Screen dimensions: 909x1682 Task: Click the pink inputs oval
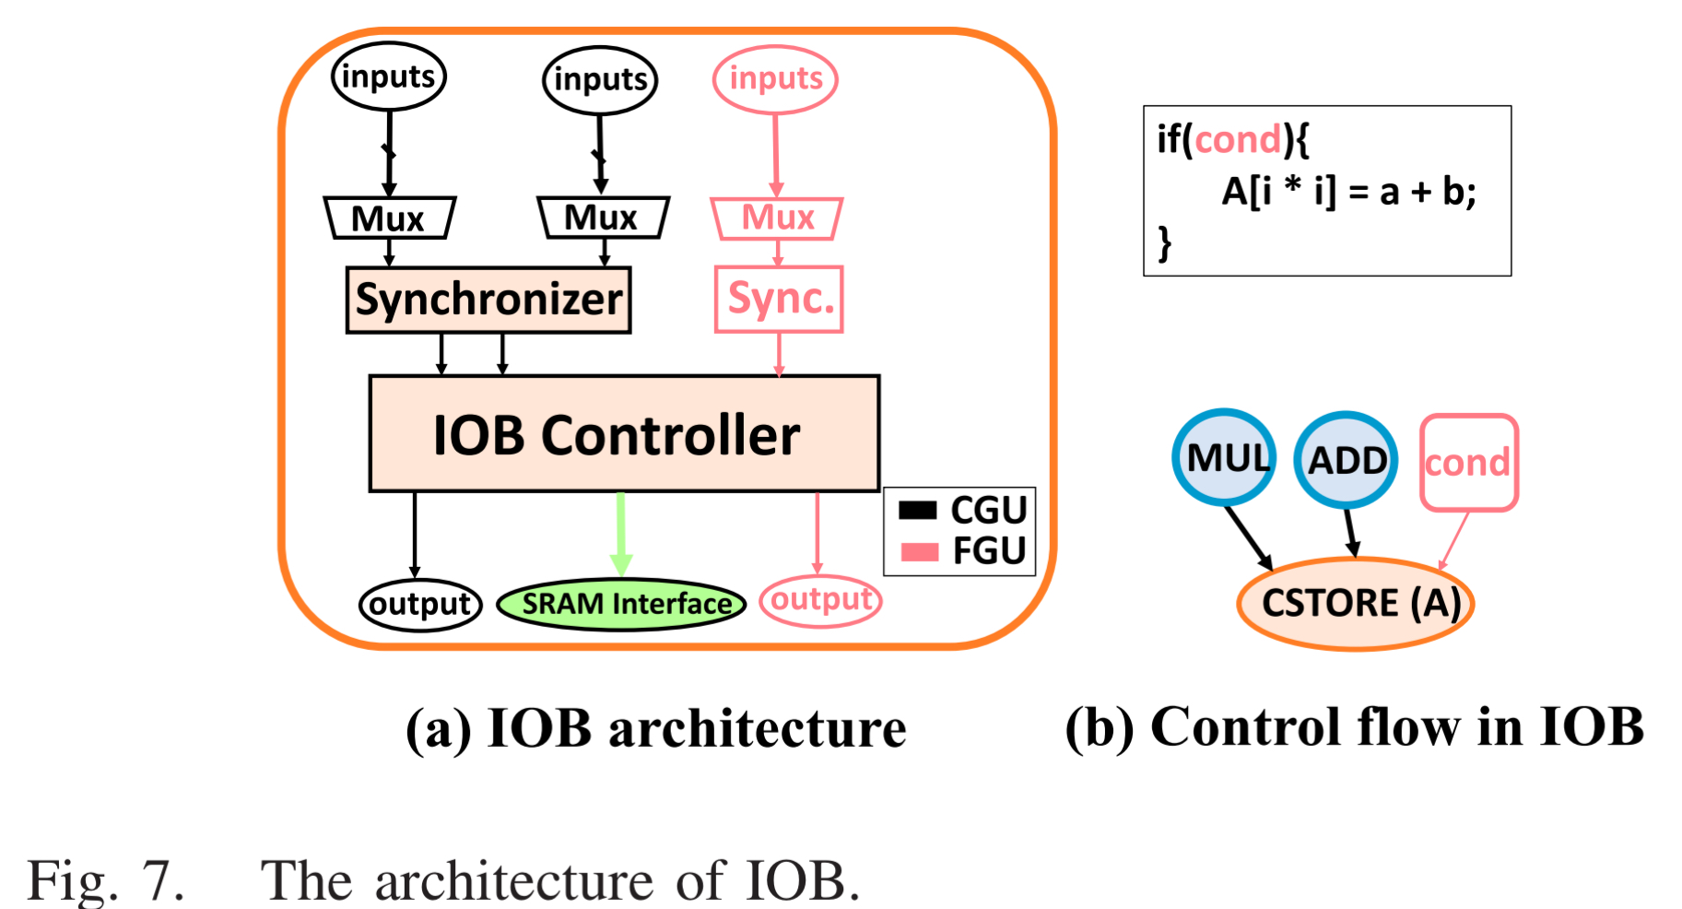[775, 79]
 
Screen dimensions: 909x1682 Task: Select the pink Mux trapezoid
[777, 218]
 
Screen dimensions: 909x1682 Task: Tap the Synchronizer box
[488, 300]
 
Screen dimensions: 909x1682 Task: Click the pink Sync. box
[780, 299]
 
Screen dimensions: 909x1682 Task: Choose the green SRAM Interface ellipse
[621, 604]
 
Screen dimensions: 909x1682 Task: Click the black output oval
[420, 605]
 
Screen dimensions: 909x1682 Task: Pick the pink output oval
[820, 600]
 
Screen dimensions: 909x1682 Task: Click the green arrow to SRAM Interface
[621, 535]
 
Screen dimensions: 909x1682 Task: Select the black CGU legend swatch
[918, 510]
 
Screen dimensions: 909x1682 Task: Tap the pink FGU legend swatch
[918, 551]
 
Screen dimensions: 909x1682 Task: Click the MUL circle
[1224, 457]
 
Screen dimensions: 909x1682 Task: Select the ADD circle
[1346, 459]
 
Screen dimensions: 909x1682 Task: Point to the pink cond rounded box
[1468, 462]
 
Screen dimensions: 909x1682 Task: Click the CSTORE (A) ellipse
[1356, 604]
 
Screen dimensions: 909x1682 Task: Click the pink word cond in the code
[1238, 140]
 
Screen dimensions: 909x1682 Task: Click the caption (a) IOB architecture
[655, 728]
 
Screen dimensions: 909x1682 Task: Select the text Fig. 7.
[106, 879]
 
